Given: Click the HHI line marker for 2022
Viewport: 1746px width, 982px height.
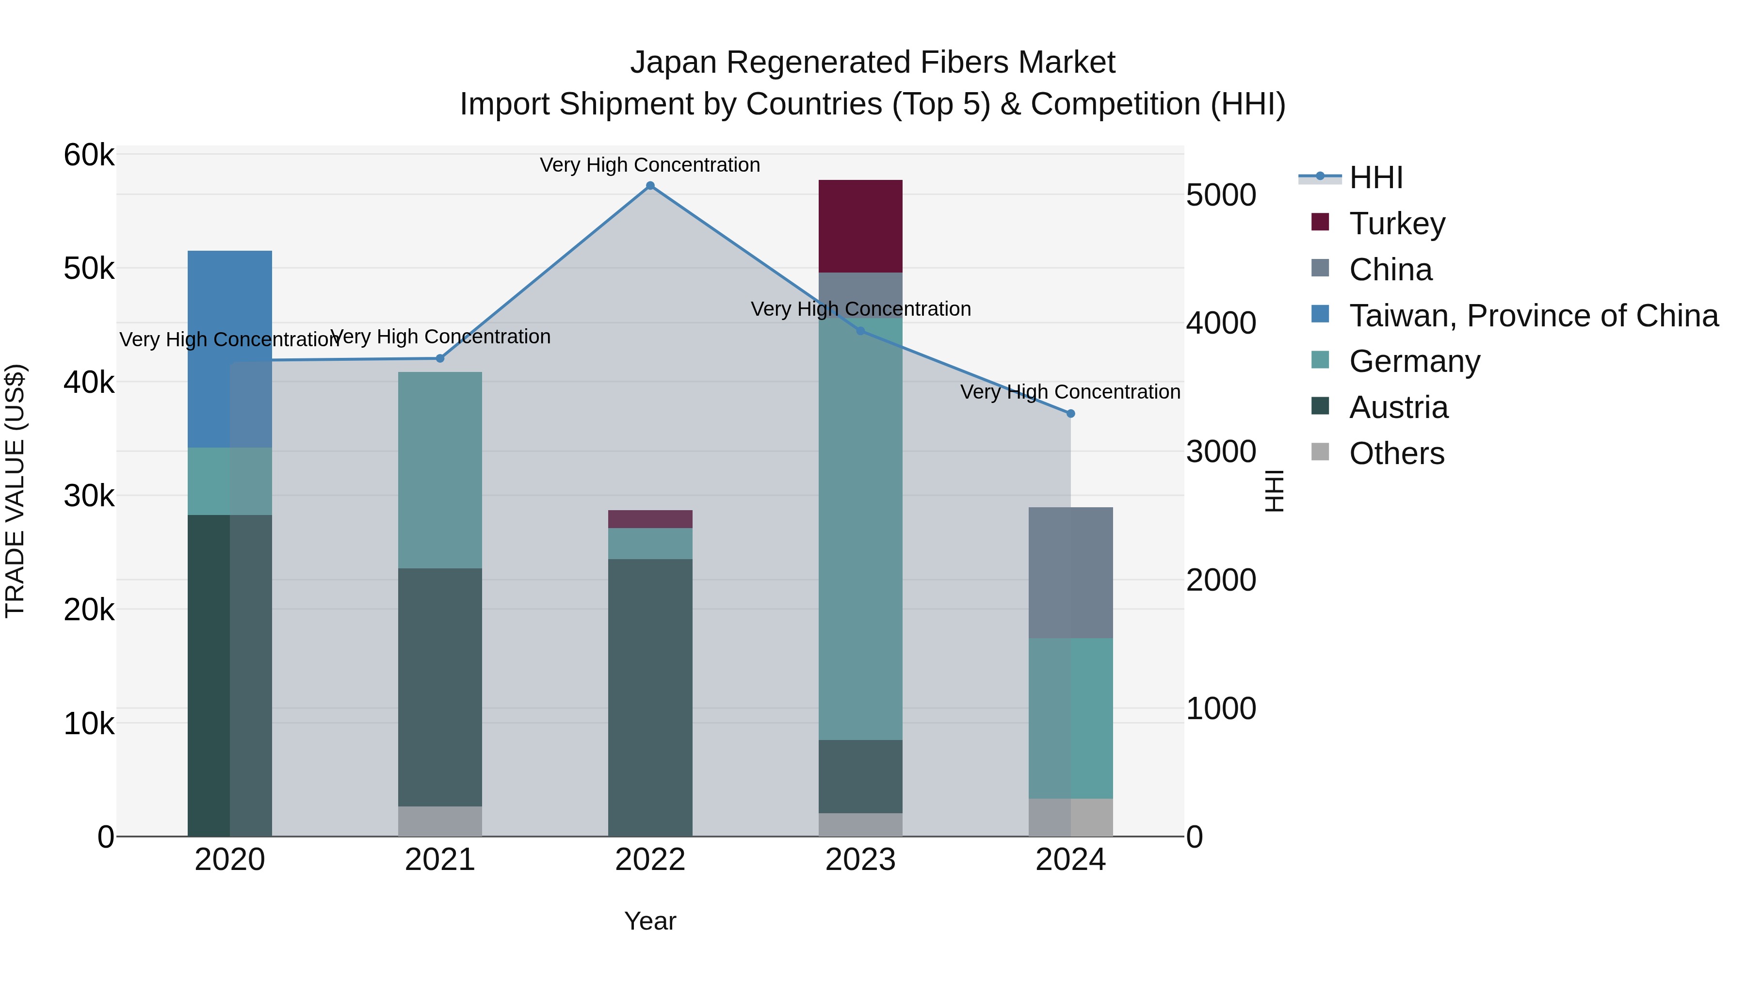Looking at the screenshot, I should click(650, 186).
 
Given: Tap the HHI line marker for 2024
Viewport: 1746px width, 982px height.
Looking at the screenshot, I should click(1070, 413).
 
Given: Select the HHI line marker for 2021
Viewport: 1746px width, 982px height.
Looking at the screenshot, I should click(440, 358).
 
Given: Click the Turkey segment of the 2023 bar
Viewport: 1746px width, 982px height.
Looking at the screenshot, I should click(860, 226).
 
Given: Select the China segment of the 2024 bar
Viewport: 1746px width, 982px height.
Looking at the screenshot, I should click(1070, 573).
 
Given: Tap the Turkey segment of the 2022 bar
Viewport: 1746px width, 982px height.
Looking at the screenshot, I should click(650, 519).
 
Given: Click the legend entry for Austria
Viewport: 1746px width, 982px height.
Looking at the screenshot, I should click(1398, 407).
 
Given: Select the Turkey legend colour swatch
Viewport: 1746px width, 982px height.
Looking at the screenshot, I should click(1320, 222).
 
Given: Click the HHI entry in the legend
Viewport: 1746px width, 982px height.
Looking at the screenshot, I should click(1375, 177).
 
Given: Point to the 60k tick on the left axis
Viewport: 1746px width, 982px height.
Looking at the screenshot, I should click(89, 155).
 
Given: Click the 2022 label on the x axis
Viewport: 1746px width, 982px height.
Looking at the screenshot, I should click(650, 860).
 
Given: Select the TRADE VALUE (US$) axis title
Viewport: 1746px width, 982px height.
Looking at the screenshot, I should click(15, 491).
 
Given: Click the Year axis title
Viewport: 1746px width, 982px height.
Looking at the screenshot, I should click(650, 921).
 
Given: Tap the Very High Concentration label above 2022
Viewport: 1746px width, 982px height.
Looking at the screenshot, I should click(650, 165).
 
